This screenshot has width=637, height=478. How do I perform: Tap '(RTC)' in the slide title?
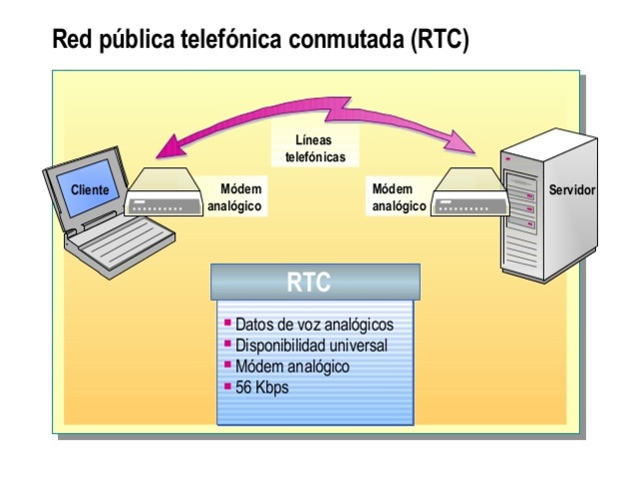[433, 41]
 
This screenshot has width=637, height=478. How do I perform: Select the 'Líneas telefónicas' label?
[315, 149]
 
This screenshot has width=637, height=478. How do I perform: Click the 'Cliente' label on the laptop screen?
[90, 189]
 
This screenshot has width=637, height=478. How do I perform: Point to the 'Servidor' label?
[573, 189]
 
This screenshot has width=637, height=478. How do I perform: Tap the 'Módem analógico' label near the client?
[242, 198]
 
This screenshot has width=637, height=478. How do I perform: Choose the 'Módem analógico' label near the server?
[399, 198]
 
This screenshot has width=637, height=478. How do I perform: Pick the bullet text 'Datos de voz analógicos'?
[314, 325]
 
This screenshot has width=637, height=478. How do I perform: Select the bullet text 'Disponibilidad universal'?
[311, 346]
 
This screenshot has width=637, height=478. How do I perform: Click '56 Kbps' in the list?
[262, 386]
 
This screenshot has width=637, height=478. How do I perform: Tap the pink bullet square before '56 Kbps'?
[228, 385]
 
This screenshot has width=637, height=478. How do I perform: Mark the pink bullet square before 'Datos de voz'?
[228, 324]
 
